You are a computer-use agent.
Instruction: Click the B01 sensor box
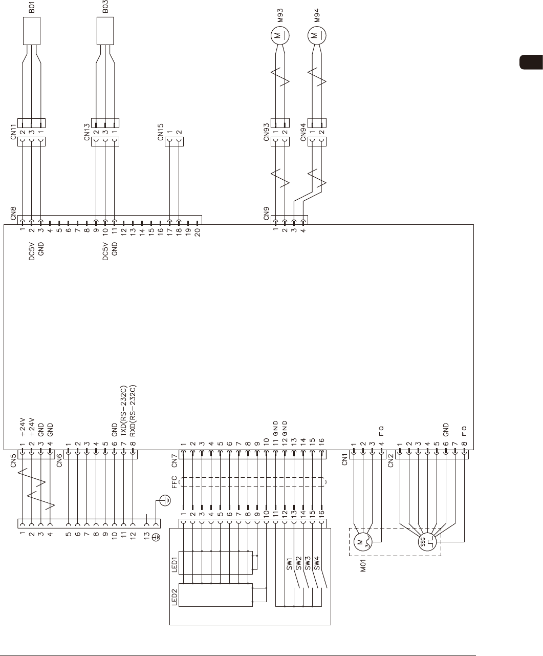click(x=32, y=32)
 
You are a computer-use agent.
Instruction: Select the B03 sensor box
click(x=105, y=32)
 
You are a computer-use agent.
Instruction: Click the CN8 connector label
click(x=13, y=213)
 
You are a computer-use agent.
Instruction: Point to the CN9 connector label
click(x=267, y=213)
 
